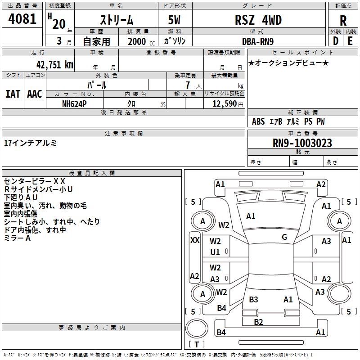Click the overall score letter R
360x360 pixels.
click(x=343, y=21)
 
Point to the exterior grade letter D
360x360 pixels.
click(x=335, y=40)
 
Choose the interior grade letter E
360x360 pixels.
click(x=350, y=40)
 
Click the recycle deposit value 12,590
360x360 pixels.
click(x=225, y=103)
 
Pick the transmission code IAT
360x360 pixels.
click(x=13, y=94)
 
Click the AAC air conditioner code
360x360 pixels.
click(x=35, y=94)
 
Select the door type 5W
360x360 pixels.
click(x=175, y=21)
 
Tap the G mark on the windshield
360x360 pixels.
click(x=284, y=237)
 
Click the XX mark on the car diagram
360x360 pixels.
click(x=195, y=240)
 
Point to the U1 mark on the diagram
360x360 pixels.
click(x=216, y=252)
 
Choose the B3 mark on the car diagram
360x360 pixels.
click(x=253, y=299)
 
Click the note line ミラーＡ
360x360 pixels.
click(x=18, y=238)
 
